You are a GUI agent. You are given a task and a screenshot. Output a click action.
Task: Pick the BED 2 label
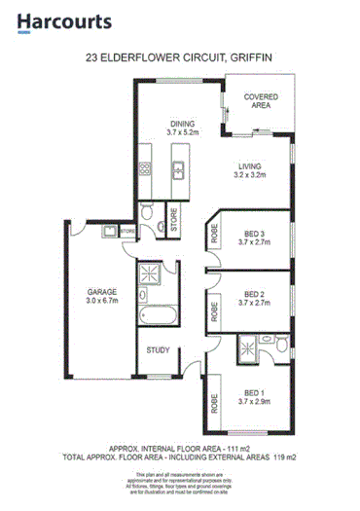pyautogui.click(x=253, y=293)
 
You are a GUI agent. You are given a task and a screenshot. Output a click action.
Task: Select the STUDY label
pyautogui.click(x=158, y=349)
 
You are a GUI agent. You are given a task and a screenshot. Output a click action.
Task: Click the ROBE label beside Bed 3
pyautogui.click(x=212, y=235)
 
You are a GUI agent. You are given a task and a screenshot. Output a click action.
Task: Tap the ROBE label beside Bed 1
pyautogui.click(x=212, y=400)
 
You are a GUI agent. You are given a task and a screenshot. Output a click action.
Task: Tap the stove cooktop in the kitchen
pyautogui.click(x=147, y=170)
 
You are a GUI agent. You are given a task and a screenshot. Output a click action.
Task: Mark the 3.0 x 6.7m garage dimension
pyautogui.click(x=102, y=302)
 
